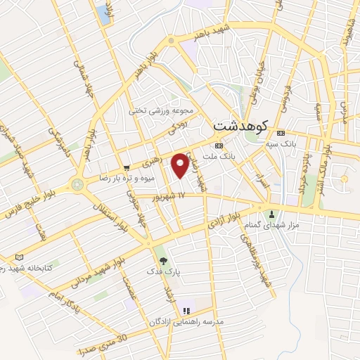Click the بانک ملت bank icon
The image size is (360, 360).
click(219, 146)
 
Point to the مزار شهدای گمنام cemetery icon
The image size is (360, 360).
click(272, 213)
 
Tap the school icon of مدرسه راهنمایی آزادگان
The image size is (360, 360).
click(186, 311)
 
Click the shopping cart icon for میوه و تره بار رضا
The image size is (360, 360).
click(127, 168)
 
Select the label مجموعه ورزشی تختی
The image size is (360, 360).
click(157, 110)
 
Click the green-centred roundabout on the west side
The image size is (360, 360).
click(77, 185)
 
